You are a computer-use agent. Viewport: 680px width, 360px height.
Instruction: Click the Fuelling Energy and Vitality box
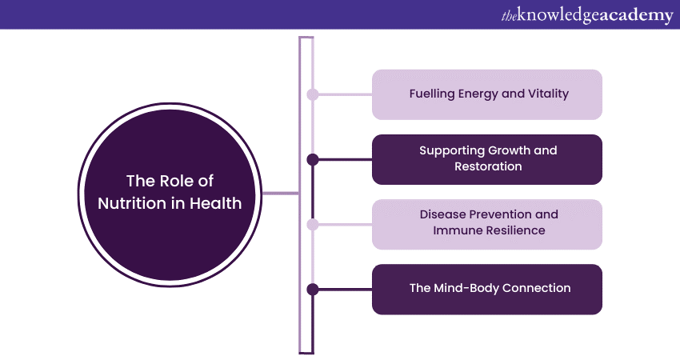point(486,94)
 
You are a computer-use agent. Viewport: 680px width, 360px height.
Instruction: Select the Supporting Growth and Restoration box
point(486,159)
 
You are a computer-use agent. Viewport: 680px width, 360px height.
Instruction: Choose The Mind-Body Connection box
point(486,289)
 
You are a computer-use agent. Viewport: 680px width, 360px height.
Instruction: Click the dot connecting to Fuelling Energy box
point(313,94)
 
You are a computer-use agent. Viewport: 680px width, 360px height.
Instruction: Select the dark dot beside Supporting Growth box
point(313,159)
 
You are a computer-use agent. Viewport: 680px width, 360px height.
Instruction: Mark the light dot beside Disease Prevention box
point(313,224)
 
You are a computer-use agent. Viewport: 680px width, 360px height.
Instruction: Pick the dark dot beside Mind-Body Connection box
point(313,289)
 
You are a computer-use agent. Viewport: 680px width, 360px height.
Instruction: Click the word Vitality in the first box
point(546,94)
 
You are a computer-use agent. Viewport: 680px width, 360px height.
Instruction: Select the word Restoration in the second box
point(488,166)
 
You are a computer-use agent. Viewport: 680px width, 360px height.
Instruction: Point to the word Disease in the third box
point(442,215)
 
